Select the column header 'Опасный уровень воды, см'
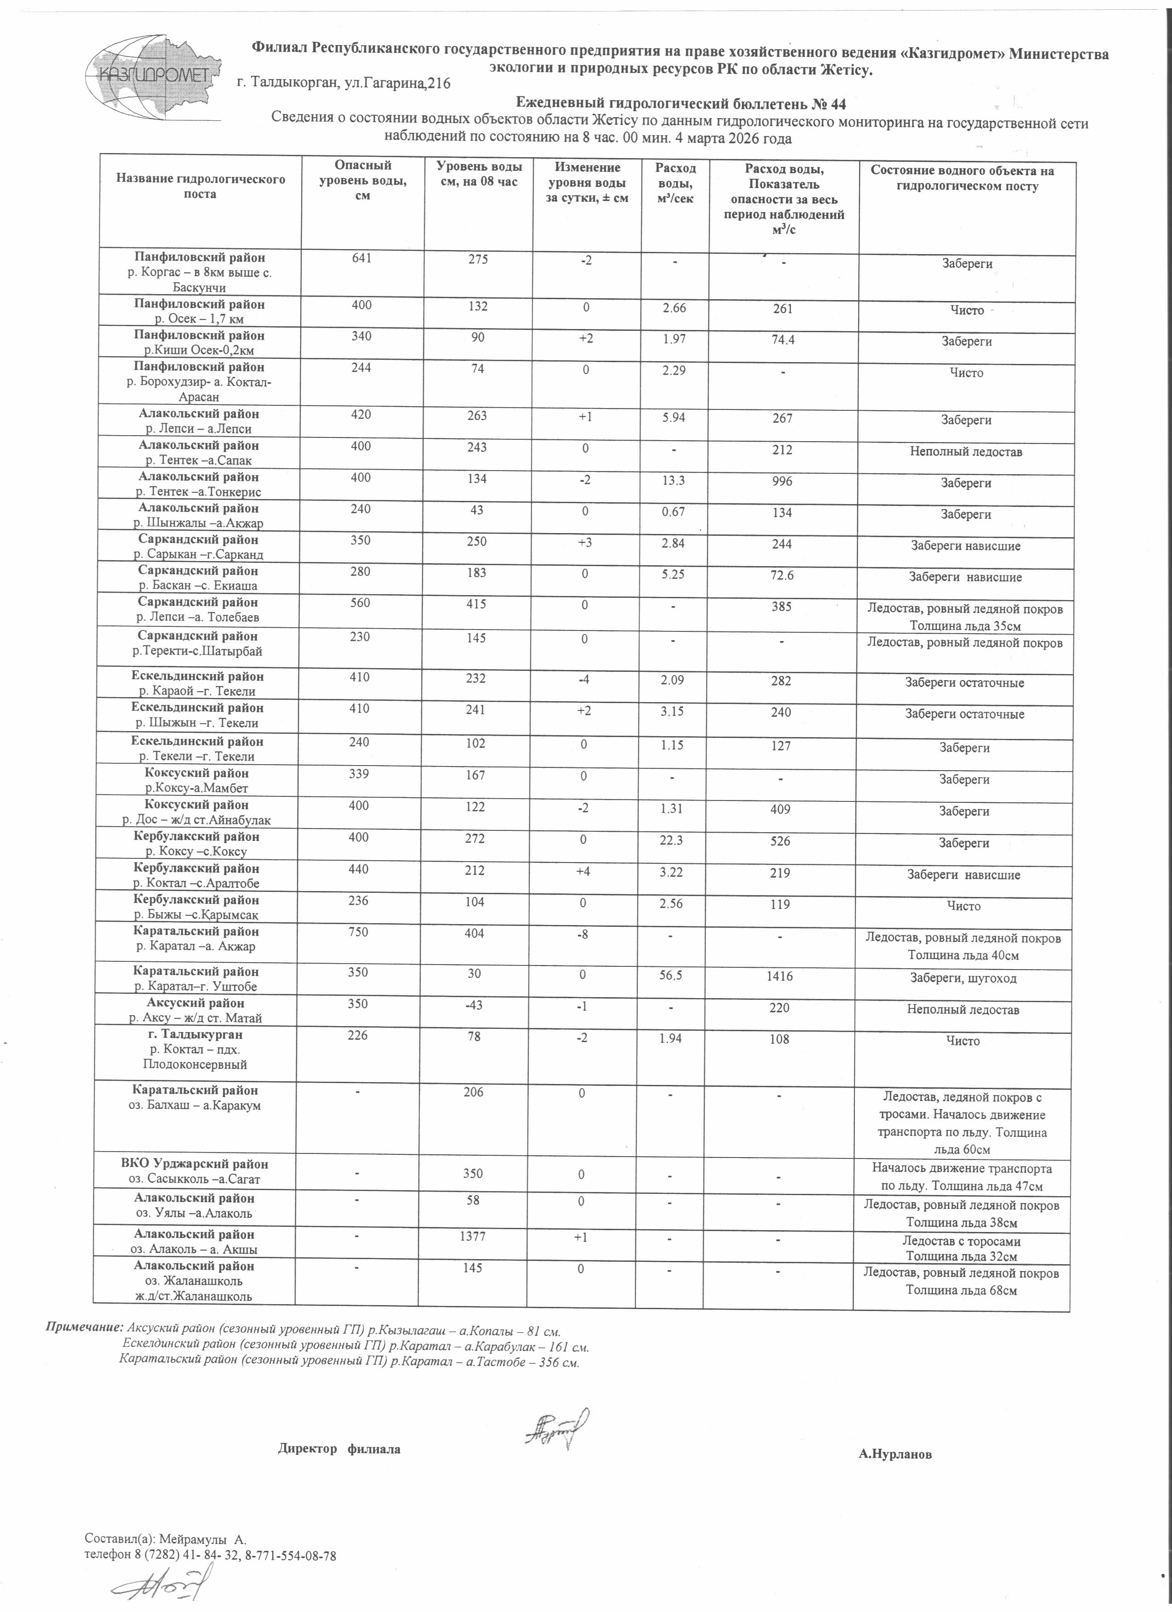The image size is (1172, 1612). click(363, 181)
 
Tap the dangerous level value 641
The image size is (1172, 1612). click(361, 260)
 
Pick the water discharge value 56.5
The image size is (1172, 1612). click(670, 976)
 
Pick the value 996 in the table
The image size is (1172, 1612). click(782, 481)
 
